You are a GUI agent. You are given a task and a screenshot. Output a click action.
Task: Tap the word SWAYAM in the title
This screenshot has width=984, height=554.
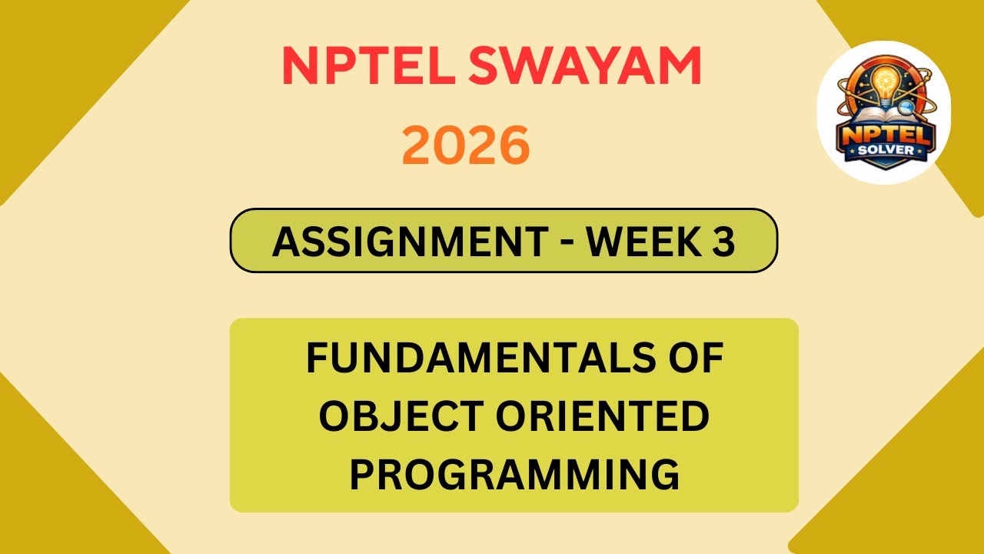tap(585, 66)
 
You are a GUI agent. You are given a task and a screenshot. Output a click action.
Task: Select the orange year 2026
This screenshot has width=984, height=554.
tap(466, 146)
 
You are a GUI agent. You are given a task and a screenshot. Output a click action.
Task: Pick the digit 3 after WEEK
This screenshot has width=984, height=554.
tap(723, 242)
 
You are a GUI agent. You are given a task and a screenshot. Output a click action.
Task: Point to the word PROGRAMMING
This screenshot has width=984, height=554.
tap(514, 474)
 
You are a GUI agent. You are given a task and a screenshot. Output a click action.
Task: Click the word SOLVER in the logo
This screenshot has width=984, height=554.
tap(885, 150)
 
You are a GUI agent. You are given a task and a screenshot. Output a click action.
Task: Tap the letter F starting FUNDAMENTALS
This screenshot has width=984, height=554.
tap(316, 359)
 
